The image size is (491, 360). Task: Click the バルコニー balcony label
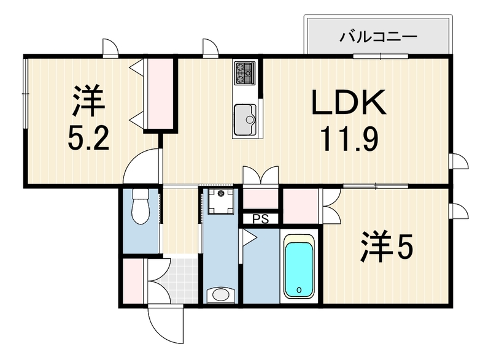click(x=379, y=37)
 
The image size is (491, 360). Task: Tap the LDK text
click(x=349, y=102)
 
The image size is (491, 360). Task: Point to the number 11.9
click(x=349, y=139)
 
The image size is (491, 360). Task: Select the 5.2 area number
click(x=88, y=139)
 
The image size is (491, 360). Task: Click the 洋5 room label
click(x=387, y=247)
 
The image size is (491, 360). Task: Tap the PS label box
click(x=261, y=219)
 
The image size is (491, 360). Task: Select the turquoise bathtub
click(x=299, y=266)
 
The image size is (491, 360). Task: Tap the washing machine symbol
click(x=222, y=201)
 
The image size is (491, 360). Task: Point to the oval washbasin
click(x=221, y=294)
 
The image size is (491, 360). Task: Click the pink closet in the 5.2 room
click(x=160, y=94)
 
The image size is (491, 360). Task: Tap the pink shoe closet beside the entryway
click(x=133, y=281)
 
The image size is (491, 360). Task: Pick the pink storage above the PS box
click(x=260, y=199)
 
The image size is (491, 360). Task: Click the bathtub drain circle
click(x=299, y=289)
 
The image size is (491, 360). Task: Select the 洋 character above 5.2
click(x=88, y=100)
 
